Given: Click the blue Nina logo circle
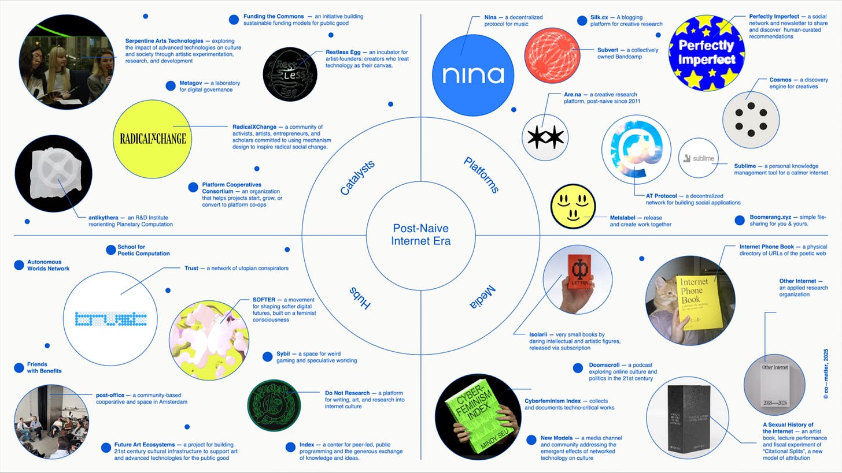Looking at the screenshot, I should click(x=473, y=75).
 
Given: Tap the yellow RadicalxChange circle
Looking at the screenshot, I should click(x=153, y=139).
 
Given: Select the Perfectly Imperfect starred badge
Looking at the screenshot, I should click(x=706, y=53).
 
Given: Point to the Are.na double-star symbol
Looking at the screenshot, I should click(x=545, y=137).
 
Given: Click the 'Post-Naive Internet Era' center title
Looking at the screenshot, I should click(x=421, y=234).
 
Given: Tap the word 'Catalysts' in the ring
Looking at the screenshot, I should click(x=357, y=177).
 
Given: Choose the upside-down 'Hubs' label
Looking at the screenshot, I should click(x=359, y=297).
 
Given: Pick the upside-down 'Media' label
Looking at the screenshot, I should click(x=481, y=296).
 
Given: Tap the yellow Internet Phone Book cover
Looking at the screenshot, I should click(x=700, y=301).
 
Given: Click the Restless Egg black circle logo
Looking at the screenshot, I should click(x=290, y=74).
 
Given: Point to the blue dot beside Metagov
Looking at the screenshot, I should click(x=171, y=86).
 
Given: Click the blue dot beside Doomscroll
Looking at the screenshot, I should click(x=578, y=368).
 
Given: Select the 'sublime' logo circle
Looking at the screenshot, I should click(x=698, y=158).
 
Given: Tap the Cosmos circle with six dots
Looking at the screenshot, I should click(x=751, y=120).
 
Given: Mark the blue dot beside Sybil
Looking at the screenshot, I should click(x=267, y=356).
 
